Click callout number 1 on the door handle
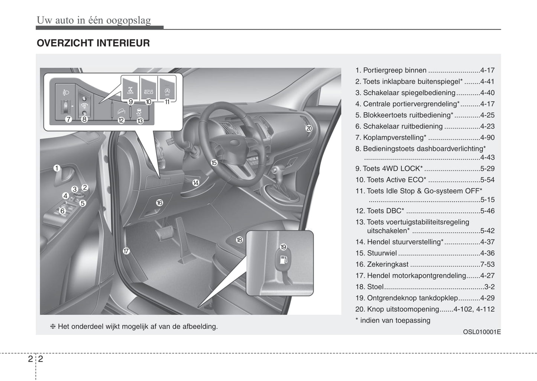click(x=57, y=168)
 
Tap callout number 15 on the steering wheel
click(x=214, y=163)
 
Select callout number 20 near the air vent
click(x=309, y=128)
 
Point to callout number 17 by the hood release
click(x=126, y=251)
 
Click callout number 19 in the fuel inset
click(x=283, y=247)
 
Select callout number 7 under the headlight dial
click(x=68, y=120)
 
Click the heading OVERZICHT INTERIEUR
click(x=93, y=43)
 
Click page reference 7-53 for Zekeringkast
click(x=487, y=264)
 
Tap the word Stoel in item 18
click(x=375, y=287)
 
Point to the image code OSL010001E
click(x=482, y=332)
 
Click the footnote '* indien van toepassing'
click(x=393, y=320)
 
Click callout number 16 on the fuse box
click(x=159, y=203)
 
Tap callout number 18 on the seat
click(x=239, y=240)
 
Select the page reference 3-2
click(x=489, y=287)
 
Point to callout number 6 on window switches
click(x=62, y=211)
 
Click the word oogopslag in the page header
click(x=129, y=20)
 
